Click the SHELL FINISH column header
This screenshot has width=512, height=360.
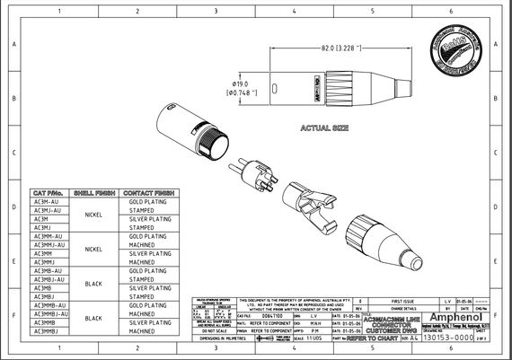(92, 193)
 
